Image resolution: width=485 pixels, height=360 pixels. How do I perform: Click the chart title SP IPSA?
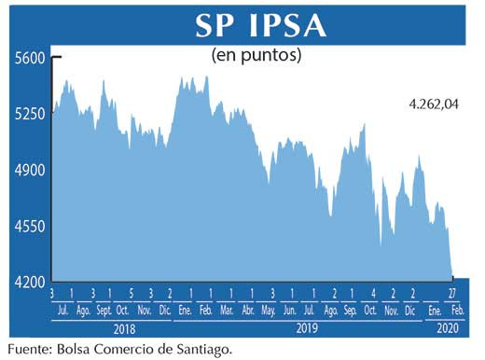260,25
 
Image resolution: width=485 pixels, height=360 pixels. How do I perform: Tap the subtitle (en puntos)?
256,55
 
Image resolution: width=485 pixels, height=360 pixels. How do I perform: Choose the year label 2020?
448,328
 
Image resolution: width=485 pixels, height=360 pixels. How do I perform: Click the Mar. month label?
227,310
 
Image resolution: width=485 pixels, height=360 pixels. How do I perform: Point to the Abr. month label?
248,310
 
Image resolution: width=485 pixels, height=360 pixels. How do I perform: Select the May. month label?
269,310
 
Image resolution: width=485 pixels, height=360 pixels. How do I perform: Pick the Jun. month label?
290,310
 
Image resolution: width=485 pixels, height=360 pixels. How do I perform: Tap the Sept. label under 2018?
103,310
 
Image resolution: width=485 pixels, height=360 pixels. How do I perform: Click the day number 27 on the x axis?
452,295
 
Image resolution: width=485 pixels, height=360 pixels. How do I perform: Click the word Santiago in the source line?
196,350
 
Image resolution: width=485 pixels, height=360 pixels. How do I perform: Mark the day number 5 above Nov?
132,295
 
